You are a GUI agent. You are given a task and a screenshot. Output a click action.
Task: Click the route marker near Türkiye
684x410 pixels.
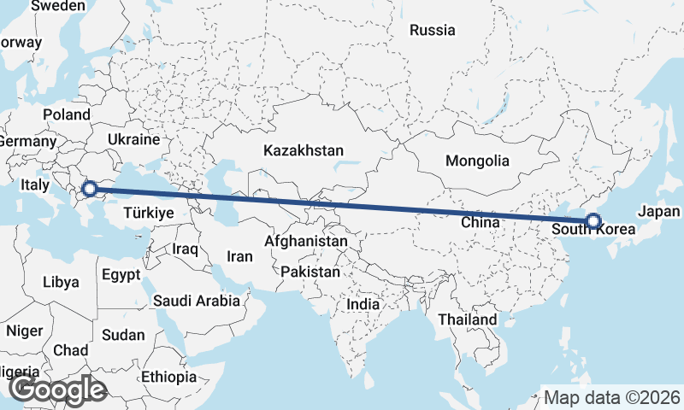(88, 188)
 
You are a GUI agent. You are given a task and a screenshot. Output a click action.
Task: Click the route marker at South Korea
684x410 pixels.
(593, 222)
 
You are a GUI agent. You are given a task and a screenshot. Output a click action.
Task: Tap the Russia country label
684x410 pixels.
(432, 31)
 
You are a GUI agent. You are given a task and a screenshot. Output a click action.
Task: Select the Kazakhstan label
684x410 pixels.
(304, 150)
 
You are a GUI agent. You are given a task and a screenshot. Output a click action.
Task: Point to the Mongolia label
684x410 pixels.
(477, 161)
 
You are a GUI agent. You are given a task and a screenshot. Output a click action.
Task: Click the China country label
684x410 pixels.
(479, 222)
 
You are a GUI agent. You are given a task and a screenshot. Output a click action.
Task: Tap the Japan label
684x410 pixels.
(659, 212)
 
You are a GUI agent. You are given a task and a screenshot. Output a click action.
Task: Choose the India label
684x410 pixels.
(363, 304)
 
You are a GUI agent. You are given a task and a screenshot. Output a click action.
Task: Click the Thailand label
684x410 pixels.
(467, 319)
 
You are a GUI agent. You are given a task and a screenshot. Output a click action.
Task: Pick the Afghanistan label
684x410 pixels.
(306, 242)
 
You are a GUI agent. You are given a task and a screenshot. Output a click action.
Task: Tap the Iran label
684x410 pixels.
(239, 256)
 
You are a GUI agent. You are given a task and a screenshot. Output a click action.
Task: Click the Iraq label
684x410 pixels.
(186, 249)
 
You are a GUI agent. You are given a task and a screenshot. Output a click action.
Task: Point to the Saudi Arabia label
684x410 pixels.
(197, 301)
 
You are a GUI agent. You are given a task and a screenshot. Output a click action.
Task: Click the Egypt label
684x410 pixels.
(121, 275)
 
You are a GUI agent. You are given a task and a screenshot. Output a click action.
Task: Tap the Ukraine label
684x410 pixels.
(134, 139)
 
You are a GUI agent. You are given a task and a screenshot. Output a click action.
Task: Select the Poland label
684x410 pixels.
(67, 114)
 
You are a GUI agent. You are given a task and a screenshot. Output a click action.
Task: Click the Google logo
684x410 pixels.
(57, 390)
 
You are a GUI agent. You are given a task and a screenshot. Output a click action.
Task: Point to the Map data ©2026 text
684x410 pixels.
(612, 397)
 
